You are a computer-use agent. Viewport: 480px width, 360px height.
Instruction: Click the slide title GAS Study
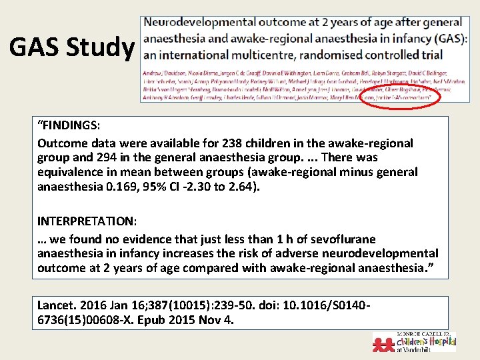pos(71,47)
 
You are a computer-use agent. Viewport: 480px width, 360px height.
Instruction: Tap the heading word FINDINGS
pos(70,125)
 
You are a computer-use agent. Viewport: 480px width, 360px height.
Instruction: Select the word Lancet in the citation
pos(57,305)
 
